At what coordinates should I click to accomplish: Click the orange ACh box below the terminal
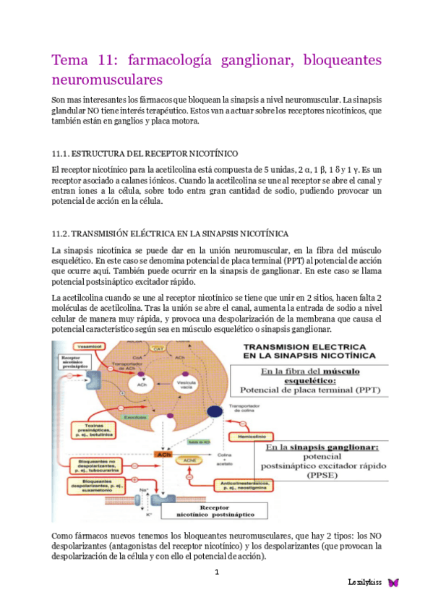point(164,455)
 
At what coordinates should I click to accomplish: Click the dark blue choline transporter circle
point(215,412)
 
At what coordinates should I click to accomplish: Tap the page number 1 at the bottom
point(216,572)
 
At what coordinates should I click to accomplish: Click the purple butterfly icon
point(393,582)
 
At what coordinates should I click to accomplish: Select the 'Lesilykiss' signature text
point(365,582)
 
